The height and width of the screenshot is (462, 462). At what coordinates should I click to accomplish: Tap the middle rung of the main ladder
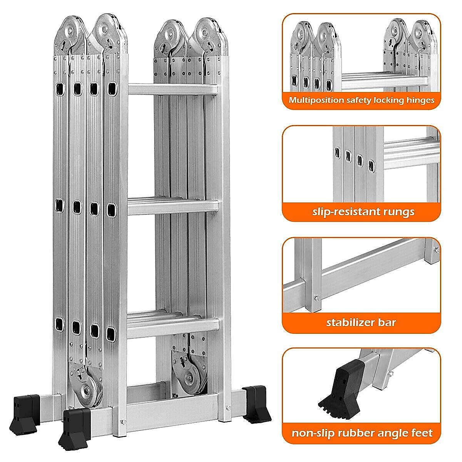pos(172,207)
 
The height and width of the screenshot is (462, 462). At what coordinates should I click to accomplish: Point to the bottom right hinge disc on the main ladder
pos(189,377)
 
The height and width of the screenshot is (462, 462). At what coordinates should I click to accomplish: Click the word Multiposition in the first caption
pos(316,100)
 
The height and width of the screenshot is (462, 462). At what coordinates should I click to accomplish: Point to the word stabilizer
pos(351,322)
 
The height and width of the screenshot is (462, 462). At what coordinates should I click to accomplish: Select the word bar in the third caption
pos(387,322)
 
